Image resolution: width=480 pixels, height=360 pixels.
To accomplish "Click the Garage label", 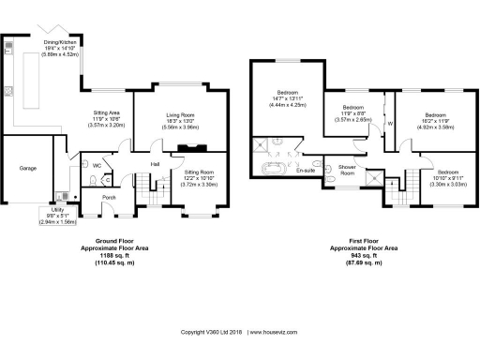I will (28, 170).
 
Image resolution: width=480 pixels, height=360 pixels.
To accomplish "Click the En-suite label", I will (305, 172).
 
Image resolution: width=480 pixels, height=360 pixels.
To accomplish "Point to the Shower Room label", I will (345, 171).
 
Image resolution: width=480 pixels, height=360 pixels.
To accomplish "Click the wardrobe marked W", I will (389, 123).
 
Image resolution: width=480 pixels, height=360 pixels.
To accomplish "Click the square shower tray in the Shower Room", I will (374, 172).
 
